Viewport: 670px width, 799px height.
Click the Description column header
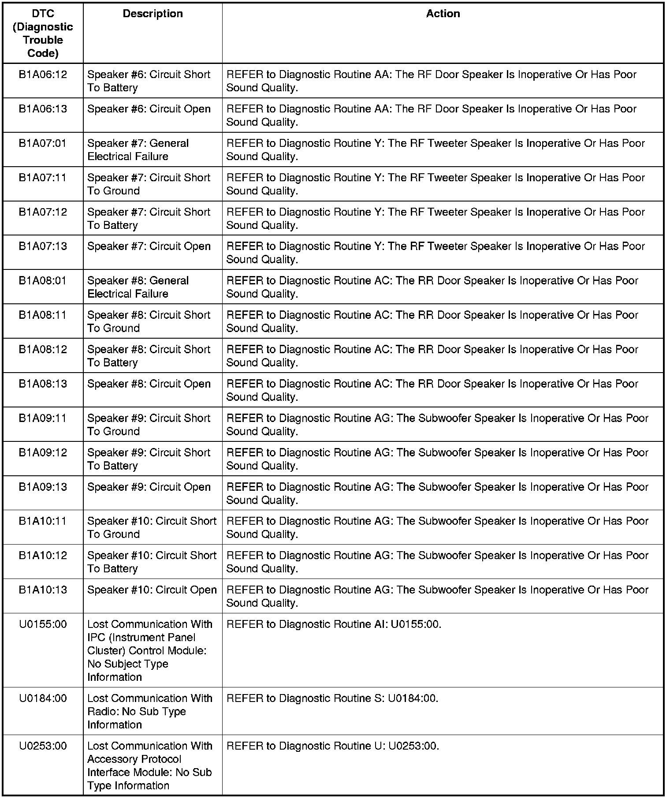point(153,14)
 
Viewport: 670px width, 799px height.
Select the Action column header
point(443,14)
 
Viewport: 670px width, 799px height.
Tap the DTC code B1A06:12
point(43,75)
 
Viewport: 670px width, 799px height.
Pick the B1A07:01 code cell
point(43,143)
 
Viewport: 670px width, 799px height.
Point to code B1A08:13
point(43,384)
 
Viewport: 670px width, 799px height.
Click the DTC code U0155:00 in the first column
point(43,624)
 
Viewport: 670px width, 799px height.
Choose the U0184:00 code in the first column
point(43,698)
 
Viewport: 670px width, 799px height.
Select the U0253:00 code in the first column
point(43,746)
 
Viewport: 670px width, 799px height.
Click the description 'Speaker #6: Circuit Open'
point(149,109)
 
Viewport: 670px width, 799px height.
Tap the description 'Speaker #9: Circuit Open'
point(149,487)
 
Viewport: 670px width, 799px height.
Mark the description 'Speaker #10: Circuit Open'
point(152,590)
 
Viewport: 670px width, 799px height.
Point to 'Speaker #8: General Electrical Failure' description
point(138,287)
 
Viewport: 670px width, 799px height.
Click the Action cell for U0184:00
point(332,698)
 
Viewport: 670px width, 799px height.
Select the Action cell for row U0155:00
point(334,624)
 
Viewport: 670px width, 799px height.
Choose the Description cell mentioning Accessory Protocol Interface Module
point(149,765)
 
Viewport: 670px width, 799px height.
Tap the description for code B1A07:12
point(149,218)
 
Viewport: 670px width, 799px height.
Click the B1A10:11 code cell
point(43,521)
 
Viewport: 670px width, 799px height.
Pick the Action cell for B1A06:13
point(431,115)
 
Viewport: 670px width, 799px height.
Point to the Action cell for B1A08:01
point(432,287)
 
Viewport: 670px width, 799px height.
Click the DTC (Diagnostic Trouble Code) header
point(43,33)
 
